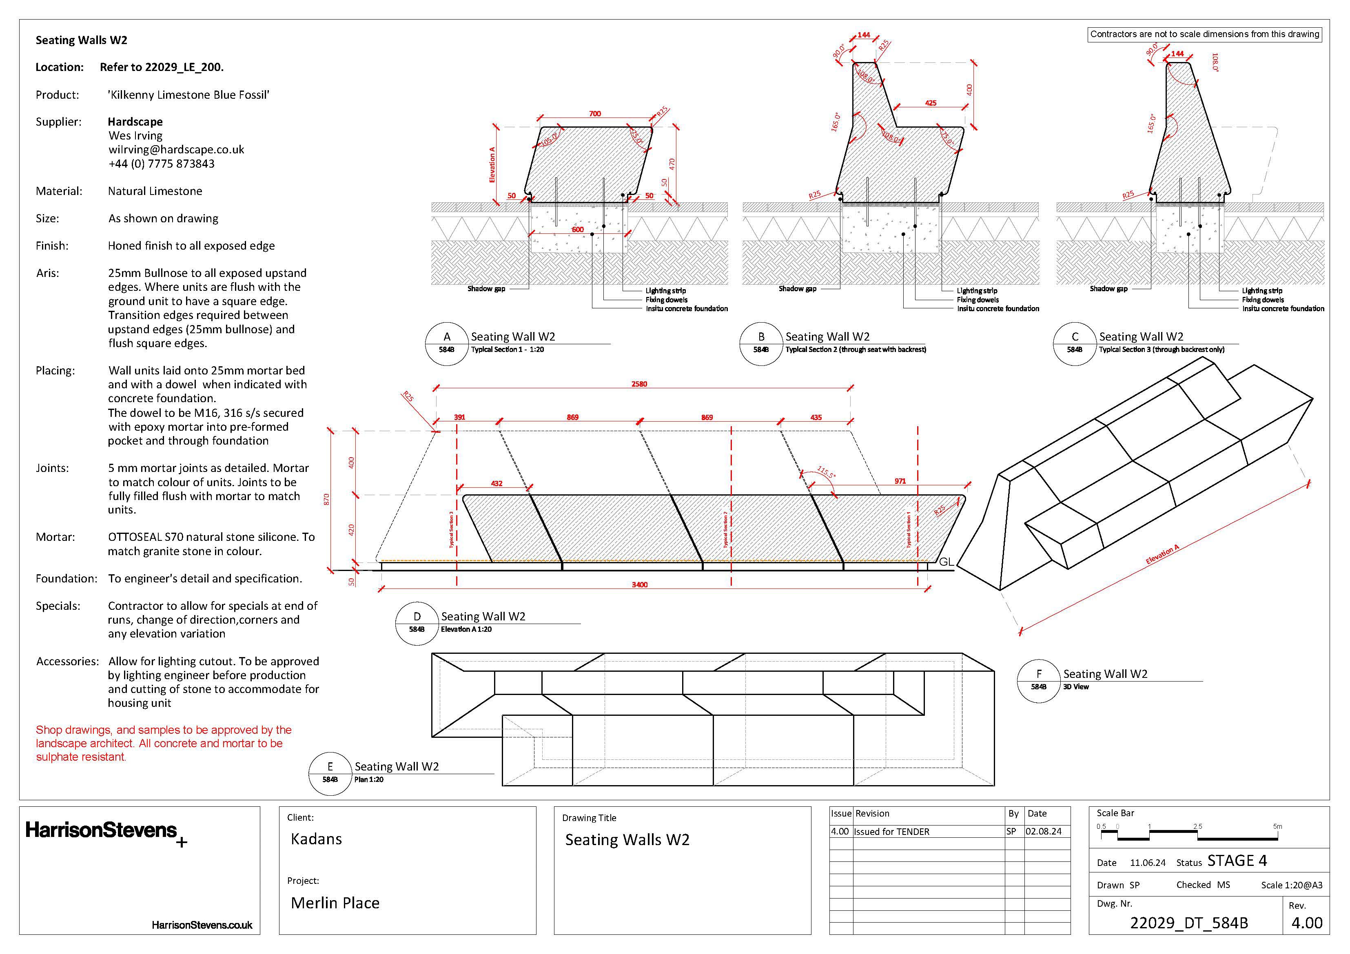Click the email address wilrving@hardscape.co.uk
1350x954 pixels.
[176, 150]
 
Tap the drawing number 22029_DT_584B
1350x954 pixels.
[1188, 923]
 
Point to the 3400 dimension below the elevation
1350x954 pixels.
[640, 585]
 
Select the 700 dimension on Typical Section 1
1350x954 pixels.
[595, 114]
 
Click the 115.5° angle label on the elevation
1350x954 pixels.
[826, 472]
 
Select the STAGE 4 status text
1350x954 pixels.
[1237, 861]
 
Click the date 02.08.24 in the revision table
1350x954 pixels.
[1043, 832]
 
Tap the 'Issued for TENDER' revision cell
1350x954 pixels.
[891, 832]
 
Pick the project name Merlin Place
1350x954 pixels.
[335, 903]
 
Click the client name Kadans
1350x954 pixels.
[316, 839]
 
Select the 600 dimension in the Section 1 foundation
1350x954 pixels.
[578, 230]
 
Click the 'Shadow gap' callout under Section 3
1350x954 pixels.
[1108, 289]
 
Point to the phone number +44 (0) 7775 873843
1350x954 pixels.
[161, 164]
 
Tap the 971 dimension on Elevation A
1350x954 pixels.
[900, 481]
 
